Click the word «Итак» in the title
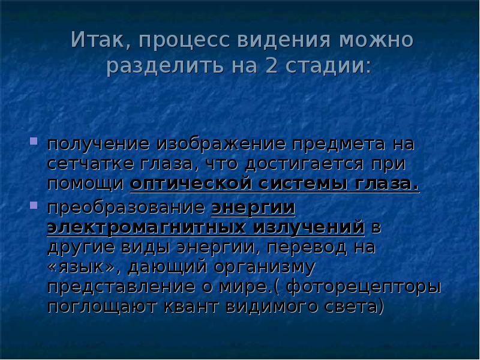[x=97, y=41]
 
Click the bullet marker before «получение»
[x=34, y=144]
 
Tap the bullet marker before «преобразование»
[x=34, y=206]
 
